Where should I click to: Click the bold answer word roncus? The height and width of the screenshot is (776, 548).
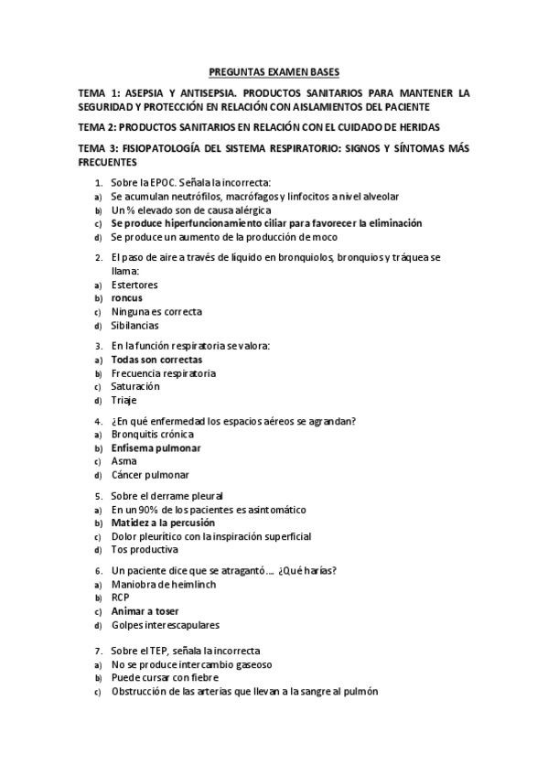(x=126, y=298)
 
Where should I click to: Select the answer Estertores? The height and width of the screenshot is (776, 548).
(x=134, y=285)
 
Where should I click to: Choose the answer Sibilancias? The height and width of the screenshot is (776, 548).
(x=134, y=325)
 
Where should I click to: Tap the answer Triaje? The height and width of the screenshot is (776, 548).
(x=124, y=400)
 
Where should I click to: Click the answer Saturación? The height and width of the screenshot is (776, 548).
(x=134, y=386)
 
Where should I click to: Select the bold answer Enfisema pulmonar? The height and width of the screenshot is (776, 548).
(x=156, y=448)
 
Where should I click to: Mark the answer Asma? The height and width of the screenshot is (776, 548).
(x=124, y=461)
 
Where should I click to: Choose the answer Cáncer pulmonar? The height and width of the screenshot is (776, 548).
(x=150, y=475)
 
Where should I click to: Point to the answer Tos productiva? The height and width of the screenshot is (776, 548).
(x=145, y=550)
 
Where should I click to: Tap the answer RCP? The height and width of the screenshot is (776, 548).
(x=121, y=598)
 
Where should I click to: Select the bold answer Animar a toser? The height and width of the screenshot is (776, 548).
(x=145, y=610)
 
